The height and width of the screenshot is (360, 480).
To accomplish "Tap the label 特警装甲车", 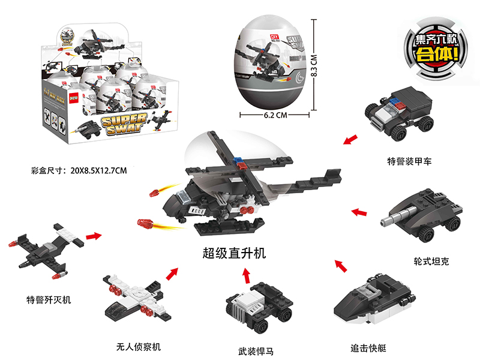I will click(x=409, y=161).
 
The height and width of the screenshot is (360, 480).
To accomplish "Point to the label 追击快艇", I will click(x=369, y=347).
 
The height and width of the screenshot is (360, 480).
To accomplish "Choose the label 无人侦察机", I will click(x=139, y=347).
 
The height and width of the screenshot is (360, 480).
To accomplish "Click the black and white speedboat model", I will click(x=373, y=300).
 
